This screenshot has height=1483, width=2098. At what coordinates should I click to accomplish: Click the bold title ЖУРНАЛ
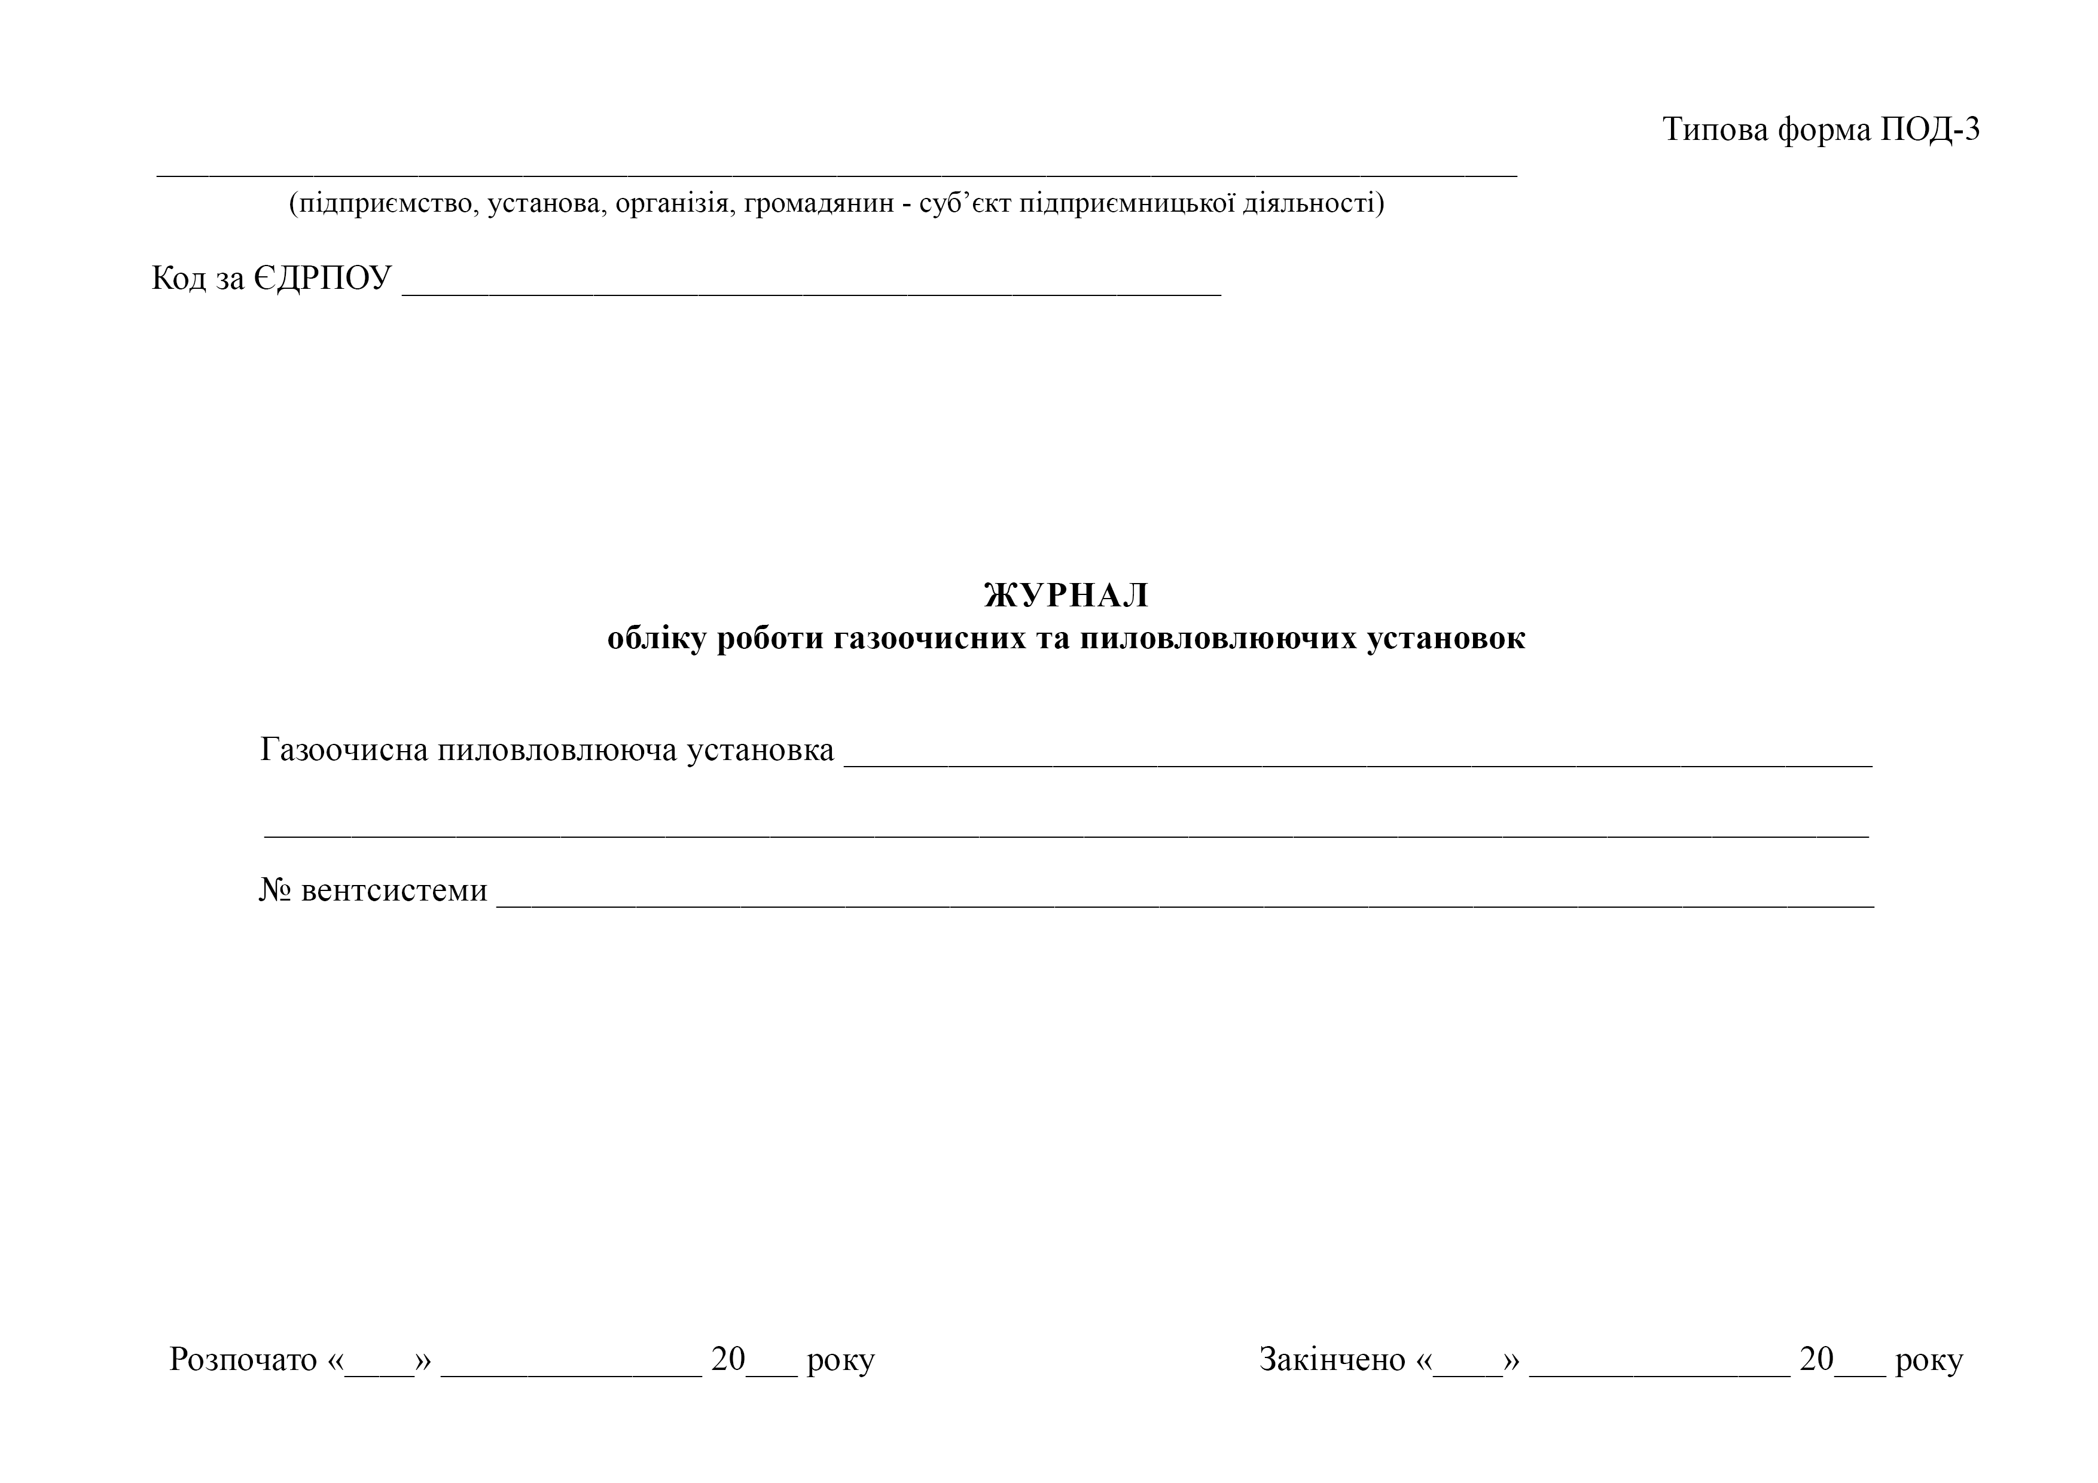pyautogui.click(x=1066, y=596)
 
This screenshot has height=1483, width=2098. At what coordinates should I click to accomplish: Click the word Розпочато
pyautogui.click(x=243, y=1360)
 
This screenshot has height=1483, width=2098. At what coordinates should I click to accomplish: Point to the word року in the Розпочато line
pyautogui.click(x=841, y=1362)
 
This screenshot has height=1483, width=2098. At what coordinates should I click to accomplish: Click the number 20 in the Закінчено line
pyautogui.click(x=1816, y=1360)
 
